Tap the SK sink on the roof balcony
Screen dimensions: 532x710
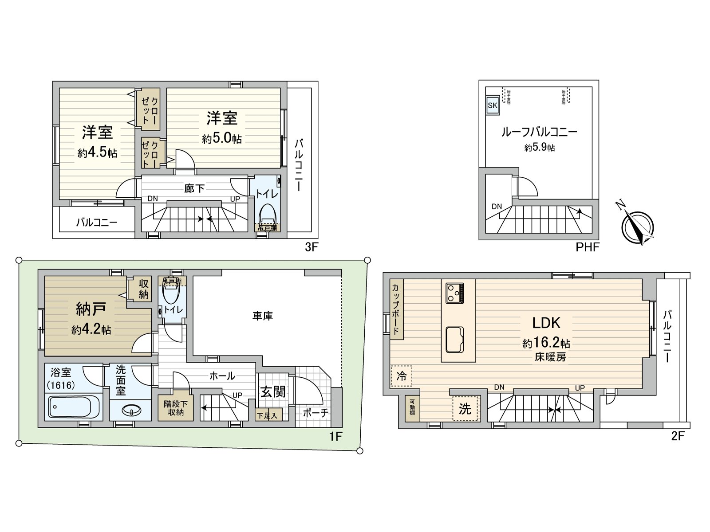click(x=493, y=106)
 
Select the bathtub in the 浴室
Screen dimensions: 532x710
click(x=74, y=407)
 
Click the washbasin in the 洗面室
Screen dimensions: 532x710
click(x=131, y=411)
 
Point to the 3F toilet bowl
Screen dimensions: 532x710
click(x=268, y=215)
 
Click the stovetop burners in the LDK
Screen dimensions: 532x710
click(x=455, y=293)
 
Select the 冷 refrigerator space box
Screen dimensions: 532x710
click(x=401, y=376)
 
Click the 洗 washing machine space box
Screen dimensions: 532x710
click(x=465, y=408)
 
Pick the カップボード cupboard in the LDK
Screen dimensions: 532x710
click(x=396, y=309)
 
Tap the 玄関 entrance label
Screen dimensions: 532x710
click(x=272, y=391)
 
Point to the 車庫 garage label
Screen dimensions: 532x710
click(x=263, y=316)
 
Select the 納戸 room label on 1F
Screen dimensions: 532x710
click(x=91, y=310)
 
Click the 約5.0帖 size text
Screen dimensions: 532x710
click(x=222, y=139)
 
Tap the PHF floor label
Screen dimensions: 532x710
click(x=587, y=247)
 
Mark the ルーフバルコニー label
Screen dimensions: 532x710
click(x=539, y=132)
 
